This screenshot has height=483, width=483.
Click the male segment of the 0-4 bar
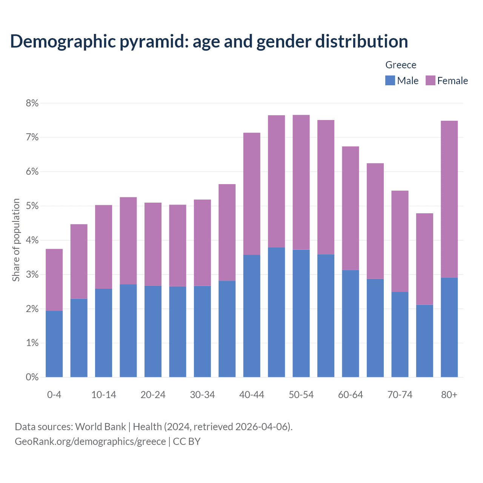click(54, 344)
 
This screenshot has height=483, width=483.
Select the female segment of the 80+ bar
click(449, 199)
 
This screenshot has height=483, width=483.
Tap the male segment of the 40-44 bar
click(252, 316)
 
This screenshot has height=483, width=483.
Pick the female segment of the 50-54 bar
click(301, 182)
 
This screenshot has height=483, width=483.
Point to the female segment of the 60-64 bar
click(351, 208)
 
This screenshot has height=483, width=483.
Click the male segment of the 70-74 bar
click(400, 334)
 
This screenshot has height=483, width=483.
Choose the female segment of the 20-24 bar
click(153, 244)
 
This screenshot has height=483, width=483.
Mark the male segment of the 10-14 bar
click(103, 333)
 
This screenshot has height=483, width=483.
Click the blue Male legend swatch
click(390, 80)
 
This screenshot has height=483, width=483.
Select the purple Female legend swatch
click(430, 80)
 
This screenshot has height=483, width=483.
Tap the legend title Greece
click(401, 65)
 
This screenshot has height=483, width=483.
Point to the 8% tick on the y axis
click(32, 103)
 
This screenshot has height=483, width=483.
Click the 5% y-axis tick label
click(32, 206)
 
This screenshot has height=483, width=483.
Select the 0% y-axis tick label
click(32, 377)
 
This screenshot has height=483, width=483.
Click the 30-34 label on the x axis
click(202, 395)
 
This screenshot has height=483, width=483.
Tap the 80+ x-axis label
click(449, 395)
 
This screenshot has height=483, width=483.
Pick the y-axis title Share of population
click(16, 240)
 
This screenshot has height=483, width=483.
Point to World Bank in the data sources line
click(100, 427)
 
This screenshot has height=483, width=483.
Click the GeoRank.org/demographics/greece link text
click(90, 441)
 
